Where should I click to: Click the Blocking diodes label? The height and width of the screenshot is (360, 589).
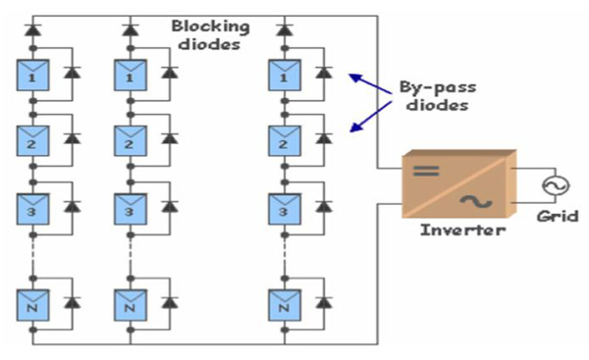point(212,35)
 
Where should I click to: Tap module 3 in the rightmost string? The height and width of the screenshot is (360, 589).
point(284,210)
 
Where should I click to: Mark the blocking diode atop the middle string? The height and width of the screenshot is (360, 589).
point(130,29)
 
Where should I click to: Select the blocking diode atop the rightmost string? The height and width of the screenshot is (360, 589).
point(284,29)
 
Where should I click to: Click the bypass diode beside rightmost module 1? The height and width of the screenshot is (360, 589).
point(324,74)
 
